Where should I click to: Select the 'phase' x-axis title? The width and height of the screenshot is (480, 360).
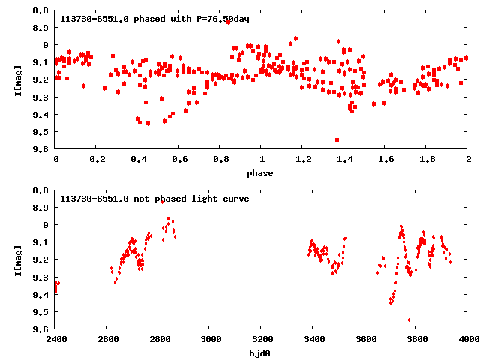[x=262, y=173]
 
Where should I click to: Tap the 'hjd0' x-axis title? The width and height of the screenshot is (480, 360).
[x=262, y=353]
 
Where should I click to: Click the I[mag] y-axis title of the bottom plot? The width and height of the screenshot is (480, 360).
[x=17, y=259]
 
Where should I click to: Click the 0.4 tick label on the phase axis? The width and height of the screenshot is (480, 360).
[x=138, y=159]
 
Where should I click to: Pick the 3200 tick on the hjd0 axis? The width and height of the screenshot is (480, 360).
[x=262, y=340]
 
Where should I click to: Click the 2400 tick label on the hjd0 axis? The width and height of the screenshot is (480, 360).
[x=56, y=340]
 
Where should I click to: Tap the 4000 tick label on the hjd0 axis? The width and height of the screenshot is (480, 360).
[x=467, y=340]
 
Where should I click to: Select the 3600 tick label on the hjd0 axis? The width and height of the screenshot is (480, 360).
[x=365, y=340]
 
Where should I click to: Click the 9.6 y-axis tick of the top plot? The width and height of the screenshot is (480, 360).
[x=42, y=148]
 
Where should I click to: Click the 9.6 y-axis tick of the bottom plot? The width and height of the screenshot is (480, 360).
[x=42, y=329]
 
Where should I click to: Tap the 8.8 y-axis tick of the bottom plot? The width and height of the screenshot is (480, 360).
[x=42, y=190]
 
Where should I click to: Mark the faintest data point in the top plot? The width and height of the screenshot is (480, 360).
[x=337, y=139]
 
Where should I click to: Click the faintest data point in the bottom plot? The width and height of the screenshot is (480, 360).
[x=409, y=320]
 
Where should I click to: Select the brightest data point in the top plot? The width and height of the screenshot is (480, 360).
[x=228, y=22]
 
